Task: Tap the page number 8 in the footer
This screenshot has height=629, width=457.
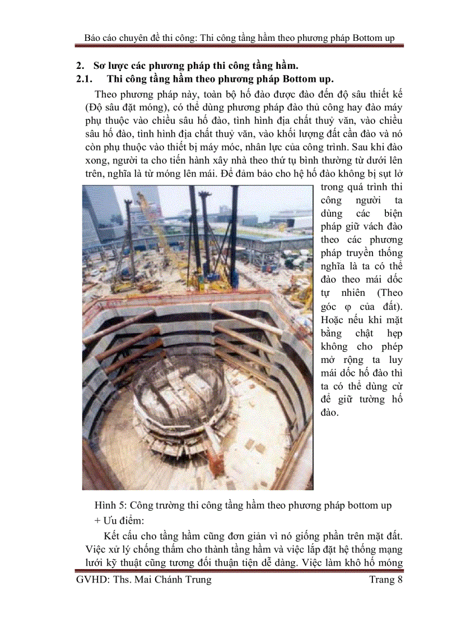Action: click(x=399, y=580)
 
